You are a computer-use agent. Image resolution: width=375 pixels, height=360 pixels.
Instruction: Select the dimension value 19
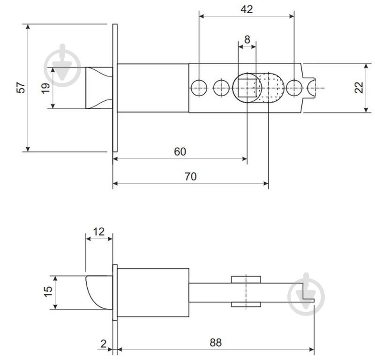tap(45, 88)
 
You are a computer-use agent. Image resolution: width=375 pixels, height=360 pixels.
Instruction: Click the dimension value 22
tap(359, 88)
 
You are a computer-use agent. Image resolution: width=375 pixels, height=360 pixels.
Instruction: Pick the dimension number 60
tap(180, 151)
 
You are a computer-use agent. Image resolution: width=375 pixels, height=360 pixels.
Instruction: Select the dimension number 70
tap(190, 176)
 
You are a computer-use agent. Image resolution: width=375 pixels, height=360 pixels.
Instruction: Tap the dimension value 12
tap(99, 231)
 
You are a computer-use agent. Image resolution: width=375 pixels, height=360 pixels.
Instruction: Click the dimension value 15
tap(48, 292)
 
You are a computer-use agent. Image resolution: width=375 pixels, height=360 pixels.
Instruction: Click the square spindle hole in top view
tap(247, 88)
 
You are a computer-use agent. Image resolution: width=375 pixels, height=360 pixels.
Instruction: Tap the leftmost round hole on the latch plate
tap(199, 88)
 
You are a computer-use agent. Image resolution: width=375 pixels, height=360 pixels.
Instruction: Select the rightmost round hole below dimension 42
tap(294, 88)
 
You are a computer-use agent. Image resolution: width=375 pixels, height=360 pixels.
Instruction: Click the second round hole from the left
tap(220, 88)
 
